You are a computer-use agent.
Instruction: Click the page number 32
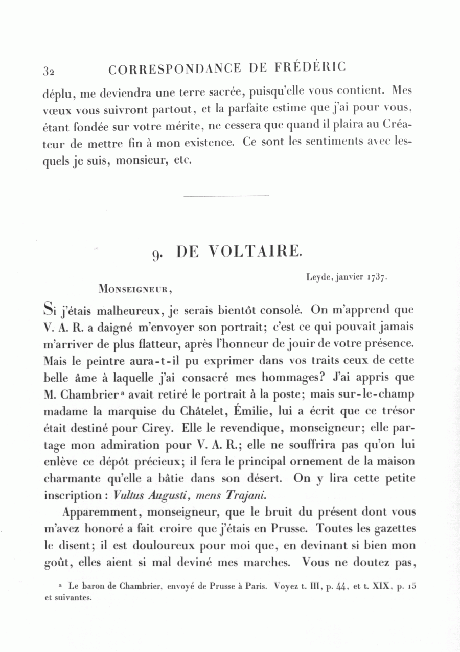pyautogui.click(x=49, y=71)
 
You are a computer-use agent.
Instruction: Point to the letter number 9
pyautogui.click(x=157, y=254)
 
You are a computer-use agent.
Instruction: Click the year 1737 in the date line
pyautogui.click(x=377, y=277)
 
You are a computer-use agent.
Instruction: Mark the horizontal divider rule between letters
pyautogui.click(x=225, y=196)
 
